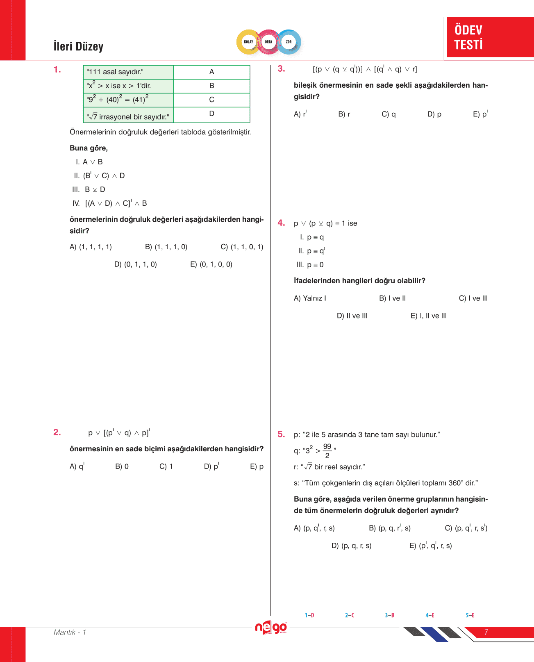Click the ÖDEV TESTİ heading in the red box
(468, 37)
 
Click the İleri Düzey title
(78, 46)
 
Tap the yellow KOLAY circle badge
(248, 42)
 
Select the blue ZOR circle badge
(289, 42)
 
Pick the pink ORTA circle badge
(268, 42)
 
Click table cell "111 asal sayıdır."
(128, 72)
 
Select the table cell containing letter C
(211, 100)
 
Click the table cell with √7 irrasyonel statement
(128, 116)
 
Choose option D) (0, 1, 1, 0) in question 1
(136, 264)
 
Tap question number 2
(57, 432)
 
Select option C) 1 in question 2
(166, 466)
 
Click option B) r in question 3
(344, 114)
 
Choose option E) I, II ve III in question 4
(429, 316)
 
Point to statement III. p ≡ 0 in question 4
(310, 265)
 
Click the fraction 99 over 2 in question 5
(327, 450)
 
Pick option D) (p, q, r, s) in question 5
(351, 546)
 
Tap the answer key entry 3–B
(389, 615)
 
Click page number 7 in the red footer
(486, 632)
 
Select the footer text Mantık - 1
(70, 632)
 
